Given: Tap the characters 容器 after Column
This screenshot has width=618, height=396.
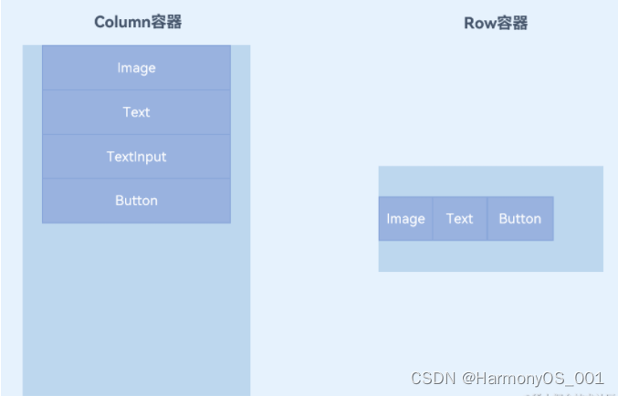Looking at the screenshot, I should click(x=166, y=22).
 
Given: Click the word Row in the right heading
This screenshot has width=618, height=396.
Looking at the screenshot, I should click(x=479, y=23).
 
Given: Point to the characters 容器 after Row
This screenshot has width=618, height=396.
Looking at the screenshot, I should click(x=513, y=23).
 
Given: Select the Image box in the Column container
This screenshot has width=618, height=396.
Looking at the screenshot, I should click(x=136, y=68).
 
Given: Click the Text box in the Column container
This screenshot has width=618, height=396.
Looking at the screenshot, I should click(x=136, y=112).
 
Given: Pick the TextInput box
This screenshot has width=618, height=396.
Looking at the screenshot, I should click(x=136, y=156).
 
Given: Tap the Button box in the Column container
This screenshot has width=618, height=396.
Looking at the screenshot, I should click(x=136, y=201).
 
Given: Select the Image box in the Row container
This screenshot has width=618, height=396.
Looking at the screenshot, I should click(x=405, y=219).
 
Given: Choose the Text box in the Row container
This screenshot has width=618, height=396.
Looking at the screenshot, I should click(x=459, y=219).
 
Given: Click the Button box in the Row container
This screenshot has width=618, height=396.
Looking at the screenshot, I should click(x=519, y=219).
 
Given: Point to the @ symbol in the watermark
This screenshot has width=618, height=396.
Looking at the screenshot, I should click(x=468, y=378).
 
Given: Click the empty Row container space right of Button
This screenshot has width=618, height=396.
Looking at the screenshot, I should click(x=578, y=219).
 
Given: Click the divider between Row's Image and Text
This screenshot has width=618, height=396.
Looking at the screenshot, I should click(x=433, y=219).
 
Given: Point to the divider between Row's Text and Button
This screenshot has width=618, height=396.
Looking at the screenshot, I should click(x=487, y=219).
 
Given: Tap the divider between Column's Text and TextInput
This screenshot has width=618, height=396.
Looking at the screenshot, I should click(x=136, y=134).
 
